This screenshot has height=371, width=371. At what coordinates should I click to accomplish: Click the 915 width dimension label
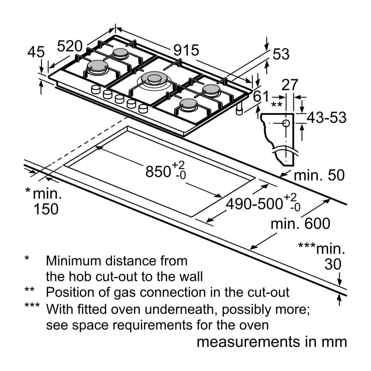coord(187,50)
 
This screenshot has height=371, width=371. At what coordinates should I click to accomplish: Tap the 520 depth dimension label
coord(69,46)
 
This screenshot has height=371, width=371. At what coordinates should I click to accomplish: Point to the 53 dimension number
coord(280,55)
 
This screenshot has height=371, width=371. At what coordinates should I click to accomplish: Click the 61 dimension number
coord(260,96)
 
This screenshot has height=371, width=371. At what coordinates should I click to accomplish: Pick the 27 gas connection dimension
coord(290,85)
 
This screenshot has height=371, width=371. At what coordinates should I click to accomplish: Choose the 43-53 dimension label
coord(326,118)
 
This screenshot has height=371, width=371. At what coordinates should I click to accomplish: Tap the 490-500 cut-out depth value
coord(255,204)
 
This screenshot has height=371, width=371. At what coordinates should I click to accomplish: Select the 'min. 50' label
coord(319,175)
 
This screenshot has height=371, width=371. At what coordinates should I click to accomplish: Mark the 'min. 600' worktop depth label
coord(300,224)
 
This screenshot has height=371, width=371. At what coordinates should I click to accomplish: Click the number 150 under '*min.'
coord(46,209)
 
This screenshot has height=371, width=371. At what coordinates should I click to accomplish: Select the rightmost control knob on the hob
coord(143,108)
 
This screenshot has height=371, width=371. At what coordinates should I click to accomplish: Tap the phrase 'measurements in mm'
coord(272,342)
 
